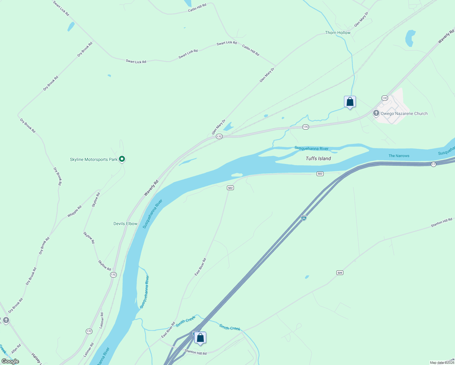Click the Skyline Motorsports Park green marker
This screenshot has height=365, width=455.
122,159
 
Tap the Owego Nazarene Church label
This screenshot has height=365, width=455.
404,113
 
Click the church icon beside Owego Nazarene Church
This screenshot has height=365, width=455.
376,113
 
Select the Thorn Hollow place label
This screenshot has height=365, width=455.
338,33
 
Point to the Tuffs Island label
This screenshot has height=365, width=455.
318,158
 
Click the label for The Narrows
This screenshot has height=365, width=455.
399,156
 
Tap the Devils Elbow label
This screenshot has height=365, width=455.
125,224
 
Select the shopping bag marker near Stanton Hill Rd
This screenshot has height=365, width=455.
200,338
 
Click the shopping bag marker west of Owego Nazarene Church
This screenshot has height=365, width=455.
350,102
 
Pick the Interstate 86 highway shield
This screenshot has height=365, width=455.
304,218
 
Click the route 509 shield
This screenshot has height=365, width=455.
340,273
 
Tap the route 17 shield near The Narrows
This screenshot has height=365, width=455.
433,164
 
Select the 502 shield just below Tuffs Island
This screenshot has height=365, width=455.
320,174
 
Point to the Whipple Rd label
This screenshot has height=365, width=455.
75,211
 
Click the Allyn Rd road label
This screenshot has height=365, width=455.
16,349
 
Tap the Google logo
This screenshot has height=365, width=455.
10,361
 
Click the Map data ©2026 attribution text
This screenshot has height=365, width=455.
442,363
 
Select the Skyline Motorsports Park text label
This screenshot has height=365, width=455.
93,159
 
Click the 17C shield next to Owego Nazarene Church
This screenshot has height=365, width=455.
384,98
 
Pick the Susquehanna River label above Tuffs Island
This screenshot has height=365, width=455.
311,148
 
